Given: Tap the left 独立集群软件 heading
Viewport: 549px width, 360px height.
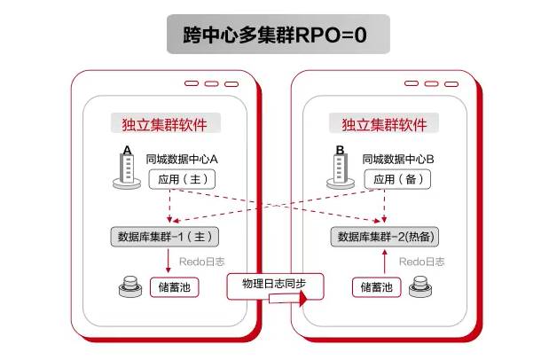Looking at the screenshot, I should [x=165, y=125].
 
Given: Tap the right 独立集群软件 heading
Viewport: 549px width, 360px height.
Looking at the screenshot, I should [x=384, y=125].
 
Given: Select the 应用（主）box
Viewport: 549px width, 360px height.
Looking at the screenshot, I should [x=181, y=179].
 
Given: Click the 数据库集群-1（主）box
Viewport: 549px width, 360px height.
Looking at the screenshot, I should [x=169, y=237].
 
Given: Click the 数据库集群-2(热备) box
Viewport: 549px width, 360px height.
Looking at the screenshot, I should [x=388, y=237].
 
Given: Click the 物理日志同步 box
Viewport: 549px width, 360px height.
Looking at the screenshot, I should [x=273, y=285].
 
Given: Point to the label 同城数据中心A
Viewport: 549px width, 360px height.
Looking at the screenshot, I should [x=182, y=160].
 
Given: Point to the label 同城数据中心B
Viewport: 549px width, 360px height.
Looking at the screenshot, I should [x=398, y=160].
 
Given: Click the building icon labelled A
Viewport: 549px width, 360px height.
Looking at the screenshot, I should [x=128, y=168].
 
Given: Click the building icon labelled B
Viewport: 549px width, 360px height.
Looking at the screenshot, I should [x=341, y=168].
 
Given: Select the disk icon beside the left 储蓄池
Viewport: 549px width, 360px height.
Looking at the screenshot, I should [x=129, y=287].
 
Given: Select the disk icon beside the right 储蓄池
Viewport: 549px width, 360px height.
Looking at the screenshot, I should [x=420, y=287].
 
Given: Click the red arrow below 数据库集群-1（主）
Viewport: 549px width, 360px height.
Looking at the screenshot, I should [x=169, y=262].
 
